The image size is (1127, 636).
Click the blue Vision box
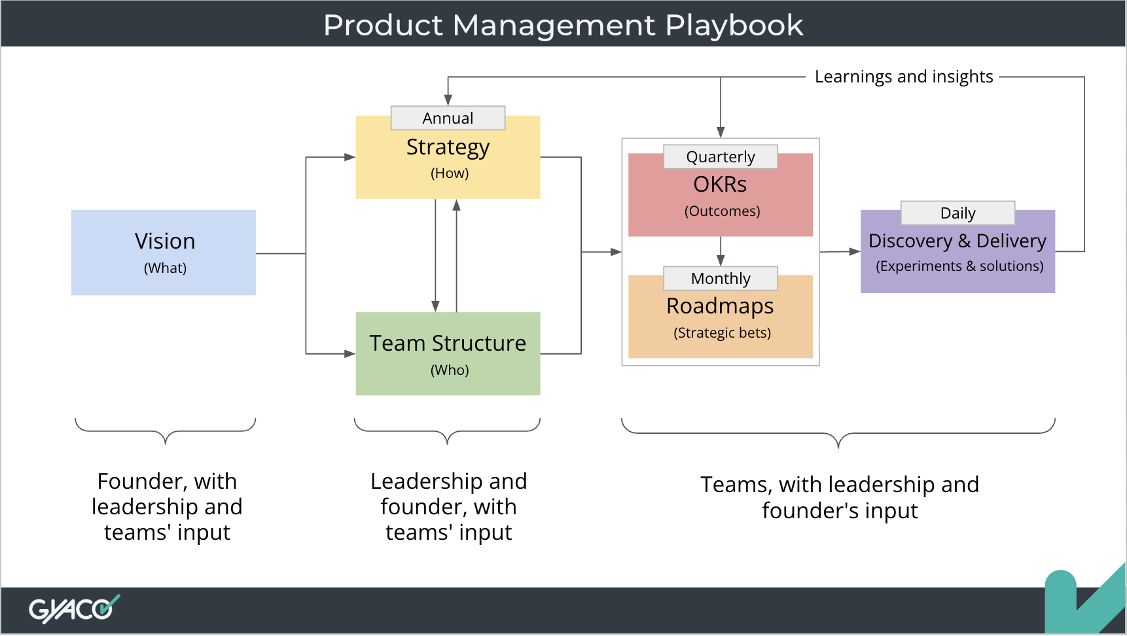click(x=163, y=253)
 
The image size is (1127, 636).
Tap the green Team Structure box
click(x=448, y=354)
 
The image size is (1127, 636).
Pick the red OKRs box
click(x=720, y=196)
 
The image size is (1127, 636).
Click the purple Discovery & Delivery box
click(x=957, y=252)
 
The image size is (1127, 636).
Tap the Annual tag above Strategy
click(x=448, y=118)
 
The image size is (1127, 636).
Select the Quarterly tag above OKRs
click(x=720, y=157)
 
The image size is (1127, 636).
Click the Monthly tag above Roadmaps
click(x=720, y=279)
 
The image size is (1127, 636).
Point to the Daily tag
click(x=957, y=213)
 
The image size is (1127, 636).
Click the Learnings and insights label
click(x=903, y=77)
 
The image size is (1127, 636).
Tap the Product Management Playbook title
click(x=563, y=25)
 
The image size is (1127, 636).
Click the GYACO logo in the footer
click(x=73, y=609)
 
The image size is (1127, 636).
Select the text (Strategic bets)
click(x=722, y=333)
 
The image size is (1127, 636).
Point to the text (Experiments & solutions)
click(x=959, y=266)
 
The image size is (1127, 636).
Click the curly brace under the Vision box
click(x=165, y=431)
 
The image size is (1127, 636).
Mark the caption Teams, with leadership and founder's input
click(x=840, y=497)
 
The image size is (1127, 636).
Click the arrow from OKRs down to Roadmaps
click(x=720, y=251)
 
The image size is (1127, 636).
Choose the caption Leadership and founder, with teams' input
click(x=448, y=507)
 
